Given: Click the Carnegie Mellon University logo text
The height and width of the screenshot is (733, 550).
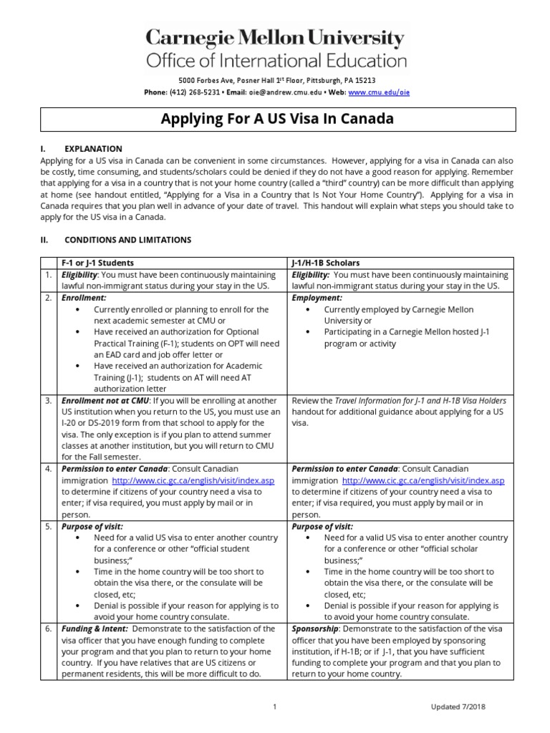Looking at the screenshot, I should click(276, 37).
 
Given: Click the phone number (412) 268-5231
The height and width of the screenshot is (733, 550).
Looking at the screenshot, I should click(192, 92).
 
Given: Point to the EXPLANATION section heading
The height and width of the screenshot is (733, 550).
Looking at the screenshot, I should click(93, 148).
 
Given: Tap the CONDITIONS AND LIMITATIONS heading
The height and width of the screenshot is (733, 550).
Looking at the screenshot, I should click(127, 240).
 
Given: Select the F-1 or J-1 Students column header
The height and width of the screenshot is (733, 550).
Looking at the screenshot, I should click(98, 263).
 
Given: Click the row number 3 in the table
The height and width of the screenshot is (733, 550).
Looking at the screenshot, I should click(47, 400).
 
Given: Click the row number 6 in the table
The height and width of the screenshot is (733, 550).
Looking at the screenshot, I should click(47, 628).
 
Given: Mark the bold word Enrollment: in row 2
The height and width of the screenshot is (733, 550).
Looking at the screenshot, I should click(84, 297).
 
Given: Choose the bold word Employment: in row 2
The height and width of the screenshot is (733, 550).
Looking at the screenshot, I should click(317, 297).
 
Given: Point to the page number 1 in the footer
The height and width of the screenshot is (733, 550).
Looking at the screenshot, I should click(275, 707).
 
